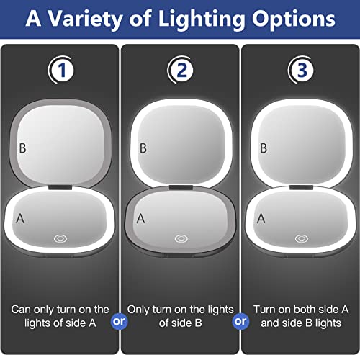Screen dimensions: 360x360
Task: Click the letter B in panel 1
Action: [x=23, y=149]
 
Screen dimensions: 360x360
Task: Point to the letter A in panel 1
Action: [x=21, y=216]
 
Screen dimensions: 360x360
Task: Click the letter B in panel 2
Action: [x=143, y=149]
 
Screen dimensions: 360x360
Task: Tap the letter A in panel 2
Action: [x=141, y=217]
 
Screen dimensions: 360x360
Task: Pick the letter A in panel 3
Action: [x=261, y=217]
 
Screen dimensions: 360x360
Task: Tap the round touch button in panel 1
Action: [x=60, y=237]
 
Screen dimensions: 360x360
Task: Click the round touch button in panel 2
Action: [x=179, y=237]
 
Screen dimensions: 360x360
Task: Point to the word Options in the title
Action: [x=292, y=19]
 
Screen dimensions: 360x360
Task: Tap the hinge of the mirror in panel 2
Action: [x=179, y=188]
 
